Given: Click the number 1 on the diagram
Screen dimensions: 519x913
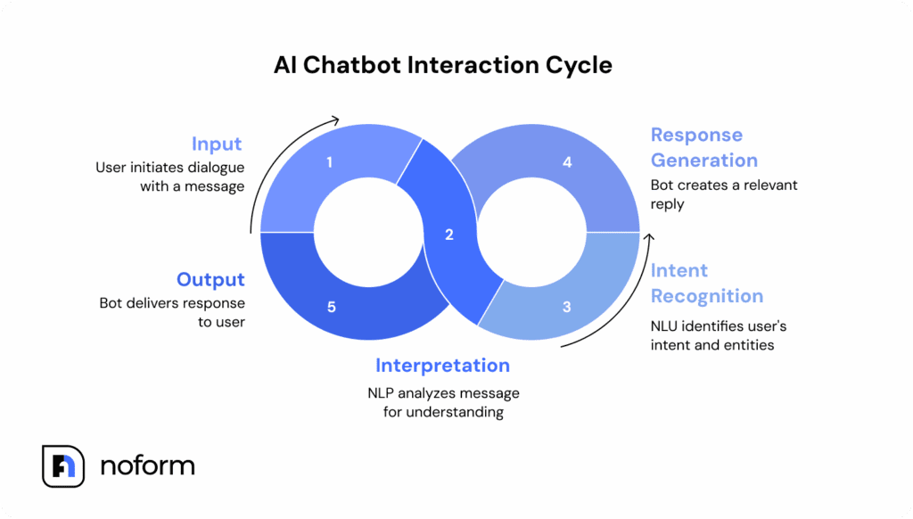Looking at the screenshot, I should [330, 162].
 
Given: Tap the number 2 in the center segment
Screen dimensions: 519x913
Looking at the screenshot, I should [448, 235].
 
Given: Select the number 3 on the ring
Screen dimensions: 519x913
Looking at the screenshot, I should [567, 308].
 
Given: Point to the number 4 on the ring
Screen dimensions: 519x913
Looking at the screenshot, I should [567, 162].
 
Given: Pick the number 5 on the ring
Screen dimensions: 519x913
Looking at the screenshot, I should [332, 308].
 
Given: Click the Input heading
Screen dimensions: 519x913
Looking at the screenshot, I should [217, 144].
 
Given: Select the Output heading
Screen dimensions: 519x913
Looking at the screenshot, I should [210, 279].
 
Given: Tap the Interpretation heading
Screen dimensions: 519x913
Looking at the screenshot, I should [442, 366].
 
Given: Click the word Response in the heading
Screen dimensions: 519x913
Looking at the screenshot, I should [696, 136].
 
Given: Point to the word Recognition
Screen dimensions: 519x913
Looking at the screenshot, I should [707, 296].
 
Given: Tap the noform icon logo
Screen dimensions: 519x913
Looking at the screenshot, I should [63, 466].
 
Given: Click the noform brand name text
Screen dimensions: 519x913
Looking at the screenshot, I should [147, 465].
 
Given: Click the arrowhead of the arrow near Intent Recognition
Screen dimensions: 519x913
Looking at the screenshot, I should [649, 237].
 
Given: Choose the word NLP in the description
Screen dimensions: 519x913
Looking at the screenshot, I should [382, 393].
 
